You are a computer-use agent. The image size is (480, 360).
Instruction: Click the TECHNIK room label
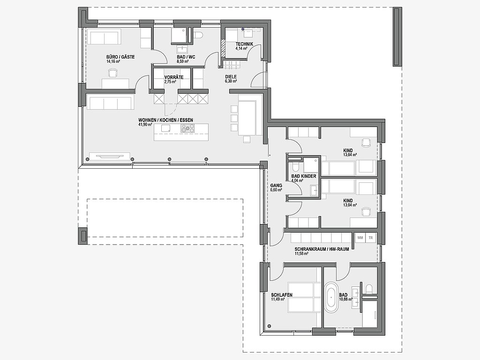pos(244,44)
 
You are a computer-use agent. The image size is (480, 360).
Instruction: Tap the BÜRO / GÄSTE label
pos(120,57)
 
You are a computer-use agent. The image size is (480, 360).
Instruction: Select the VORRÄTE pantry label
pos(174,77)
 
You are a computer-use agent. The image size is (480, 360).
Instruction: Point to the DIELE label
pos(231,77)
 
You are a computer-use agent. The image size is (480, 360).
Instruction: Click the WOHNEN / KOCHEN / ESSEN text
pos(165,120)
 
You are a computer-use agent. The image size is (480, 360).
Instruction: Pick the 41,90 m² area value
pos(145,125)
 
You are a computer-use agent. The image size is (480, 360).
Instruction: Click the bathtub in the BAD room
pos(330,297)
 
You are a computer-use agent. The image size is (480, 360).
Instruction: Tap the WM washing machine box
pos(360,238)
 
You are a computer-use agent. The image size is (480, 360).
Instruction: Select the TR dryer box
pos(371,238)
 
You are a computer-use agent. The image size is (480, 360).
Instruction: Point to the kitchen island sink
pos(165,128)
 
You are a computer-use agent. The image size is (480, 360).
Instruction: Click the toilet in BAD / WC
pos(198,35)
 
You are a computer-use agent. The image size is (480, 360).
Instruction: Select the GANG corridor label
pos(276,186)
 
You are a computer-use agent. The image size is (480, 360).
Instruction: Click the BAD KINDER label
pos(304,176)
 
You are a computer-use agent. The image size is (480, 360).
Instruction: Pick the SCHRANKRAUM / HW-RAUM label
pos(322,249)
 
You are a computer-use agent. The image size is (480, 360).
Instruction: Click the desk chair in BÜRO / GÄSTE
pos(113,73)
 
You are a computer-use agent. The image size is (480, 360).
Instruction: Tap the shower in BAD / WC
pos(180,36)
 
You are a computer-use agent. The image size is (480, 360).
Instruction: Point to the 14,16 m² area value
pos(113,61)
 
